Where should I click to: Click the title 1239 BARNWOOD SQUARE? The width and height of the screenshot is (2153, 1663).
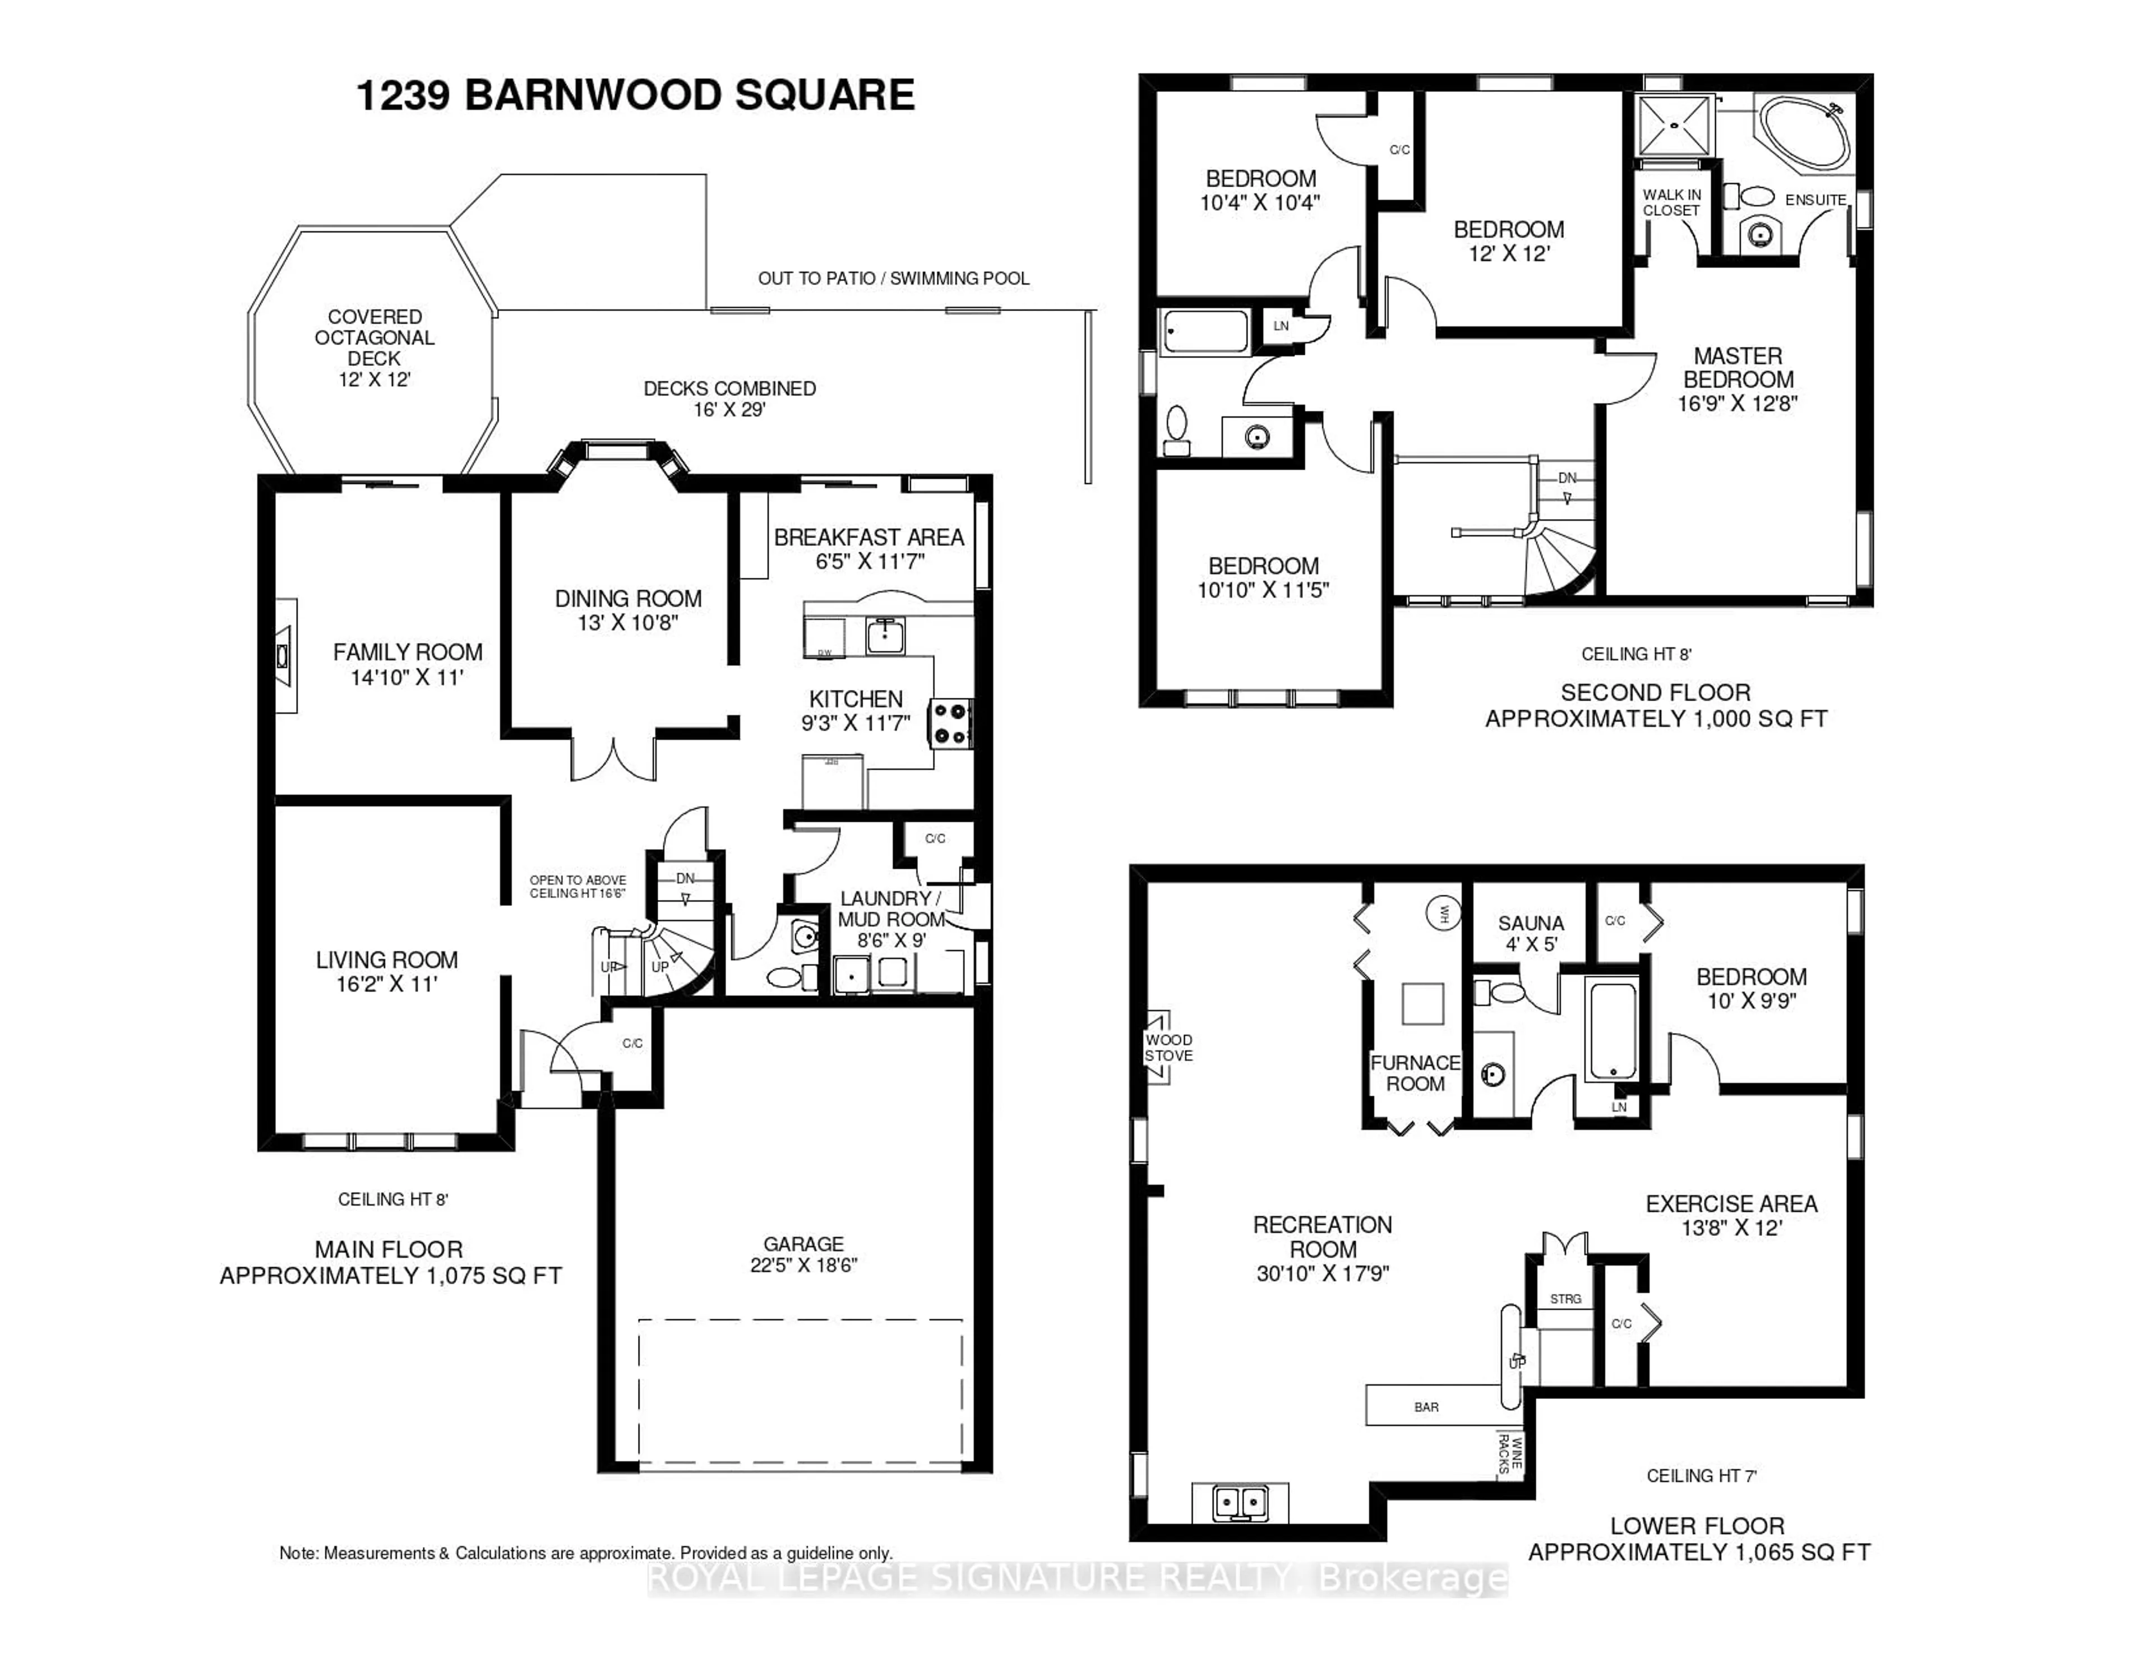tap(635, 96)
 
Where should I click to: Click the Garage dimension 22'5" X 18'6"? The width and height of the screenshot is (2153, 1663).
tap(803, 1264)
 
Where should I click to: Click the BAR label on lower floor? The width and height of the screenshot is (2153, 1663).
tap(1426, 1407)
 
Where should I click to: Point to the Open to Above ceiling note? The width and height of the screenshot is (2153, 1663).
tap(577, 886)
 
